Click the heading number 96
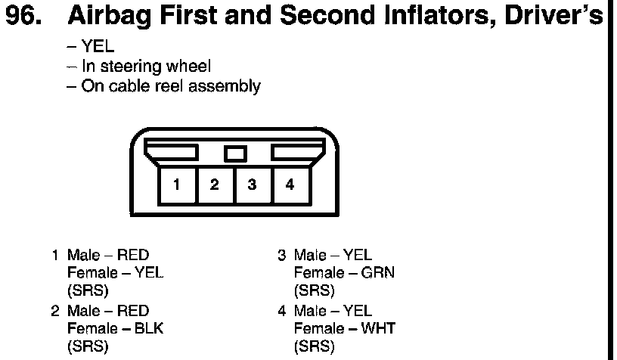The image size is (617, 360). click(x=27, y=18)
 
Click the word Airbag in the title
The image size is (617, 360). click(x=113, y=18)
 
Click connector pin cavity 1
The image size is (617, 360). click(x=175, y=185)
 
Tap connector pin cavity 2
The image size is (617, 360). click(x=214, y=185)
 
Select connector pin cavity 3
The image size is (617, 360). click(x=252, y=185)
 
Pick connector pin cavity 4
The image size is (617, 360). click(x=290, y=185)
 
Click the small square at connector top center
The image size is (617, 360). click(x=235, y=154)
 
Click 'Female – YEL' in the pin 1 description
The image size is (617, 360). click(x=115, y=272)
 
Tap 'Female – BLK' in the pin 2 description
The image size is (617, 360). click(x=115, y=328)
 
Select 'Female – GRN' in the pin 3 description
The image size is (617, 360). click(x=344, y=272)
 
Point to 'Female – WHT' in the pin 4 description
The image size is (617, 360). click(x=345, y=328)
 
